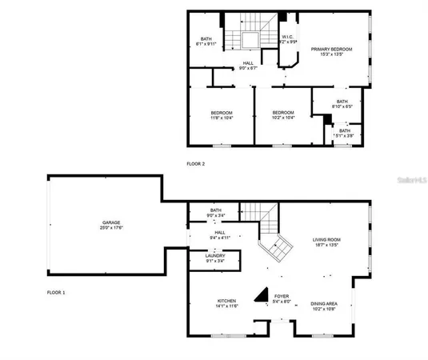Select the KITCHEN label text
(225, 301)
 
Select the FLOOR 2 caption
(196, 163)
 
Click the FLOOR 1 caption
(56, 293)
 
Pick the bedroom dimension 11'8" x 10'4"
(222, 118)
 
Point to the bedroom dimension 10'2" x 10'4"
(283, 118)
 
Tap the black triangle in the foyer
(260, 295)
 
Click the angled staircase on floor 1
(278, 249)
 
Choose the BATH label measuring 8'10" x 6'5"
(342, 105)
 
